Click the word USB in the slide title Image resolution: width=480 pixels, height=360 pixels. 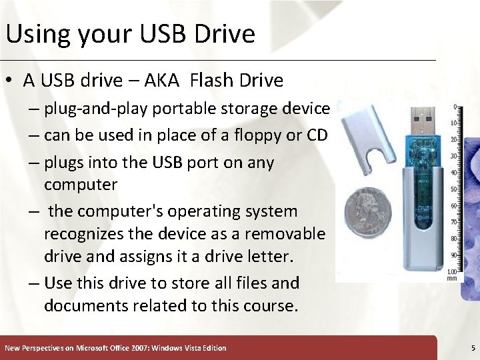146,34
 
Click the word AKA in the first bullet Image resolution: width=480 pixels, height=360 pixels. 161,81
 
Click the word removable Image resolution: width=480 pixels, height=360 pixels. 285,234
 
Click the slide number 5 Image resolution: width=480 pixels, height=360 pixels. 472,348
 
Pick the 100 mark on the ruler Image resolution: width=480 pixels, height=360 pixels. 453,271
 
